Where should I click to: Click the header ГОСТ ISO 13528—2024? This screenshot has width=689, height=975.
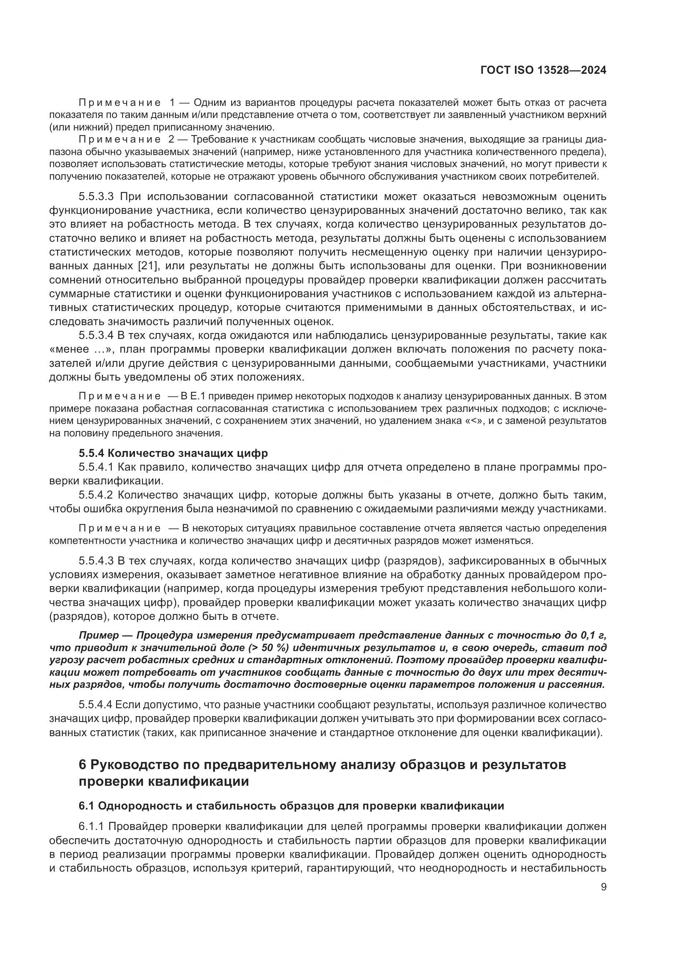tap(543, 70)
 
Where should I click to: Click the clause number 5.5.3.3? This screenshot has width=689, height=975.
tap(97, 197)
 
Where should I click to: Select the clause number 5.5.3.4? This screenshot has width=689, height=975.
tap(96, 336)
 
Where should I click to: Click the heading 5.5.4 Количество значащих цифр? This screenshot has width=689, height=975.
tap(173, 453)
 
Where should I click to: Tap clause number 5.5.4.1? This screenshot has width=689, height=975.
tap(96, 467)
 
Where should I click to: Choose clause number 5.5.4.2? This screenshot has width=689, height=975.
tap(96, 495)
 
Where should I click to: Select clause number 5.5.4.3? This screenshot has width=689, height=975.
tap(96, 561)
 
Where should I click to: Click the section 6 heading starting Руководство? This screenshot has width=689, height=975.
tap(322, 764)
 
